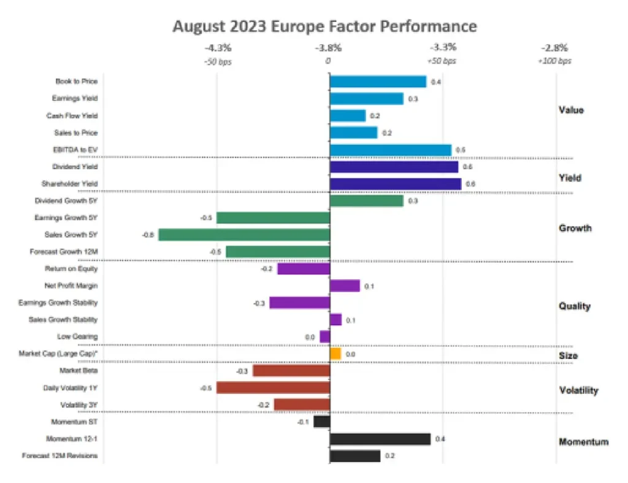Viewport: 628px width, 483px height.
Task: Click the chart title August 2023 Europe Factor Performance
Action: click(324, 26)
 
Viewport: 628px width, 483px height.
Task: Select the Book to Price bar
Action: click(378, 82)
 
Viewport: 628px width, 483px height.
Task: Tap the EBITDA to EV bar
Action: click(390, 150)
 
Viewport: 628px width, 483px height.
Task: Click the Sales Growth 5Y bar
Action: click(244, 234)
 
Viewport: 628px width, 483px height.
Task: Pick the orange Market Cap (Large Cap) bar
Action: click(335, 354)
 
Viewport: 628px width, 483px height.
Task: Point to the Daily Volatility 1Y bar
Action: click(273, 388)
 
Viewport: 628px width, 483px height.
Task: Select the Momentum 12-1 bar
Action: click(380, 439)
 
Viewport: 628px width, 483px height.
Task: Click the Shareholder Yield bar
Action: click(395, 184)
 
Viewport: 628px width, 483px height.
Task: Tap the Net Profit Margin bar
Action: click(345, 285)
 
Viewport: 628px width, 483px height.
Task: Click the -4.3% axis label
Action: click(218, 47)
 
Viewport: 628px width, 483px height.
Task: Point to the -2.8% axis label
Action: click(554, 47)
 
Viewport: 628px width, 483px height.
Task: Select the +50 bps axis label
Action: click(442, 61)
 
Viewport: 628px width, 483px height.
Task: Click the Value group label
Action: click(571, 110)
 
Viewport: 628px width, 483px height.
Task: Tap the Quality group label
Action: click(574, 306)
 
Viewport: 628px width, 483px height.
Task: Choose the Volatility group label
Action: click(578, 390)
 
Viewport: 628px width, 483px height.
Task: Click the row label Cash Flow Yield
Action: click(72, 115)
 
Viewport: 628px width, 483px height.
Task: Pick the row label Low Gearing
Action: click(77, 336)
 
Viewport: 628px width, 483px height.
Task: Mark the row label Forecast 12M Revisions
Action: click(59, 455)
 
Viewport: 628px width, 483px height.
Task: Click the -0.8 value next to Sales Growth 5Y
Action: click(148, 235)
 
